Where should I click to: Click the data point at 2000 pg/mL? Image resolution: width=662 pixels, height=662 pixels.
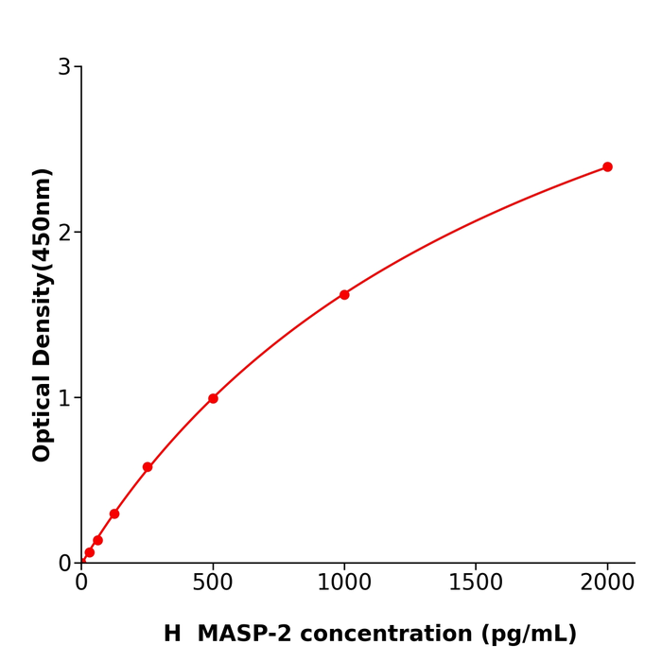coord(607,167)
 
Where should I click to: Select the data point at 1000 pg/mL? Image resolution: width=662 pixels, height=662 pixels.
coord(344,295)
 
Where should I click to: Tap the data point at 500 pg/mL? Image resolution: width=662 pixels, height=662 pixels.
coord(213,398)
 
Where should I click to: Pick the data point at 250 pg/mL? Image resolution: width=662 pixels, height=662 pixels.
coord(148,467)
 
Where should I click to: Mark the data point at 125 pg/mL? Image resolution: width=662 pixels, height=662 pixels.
coord(114,514)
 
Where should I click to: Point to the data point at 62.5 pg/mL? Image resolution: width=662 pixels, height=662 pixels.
coord(97,540)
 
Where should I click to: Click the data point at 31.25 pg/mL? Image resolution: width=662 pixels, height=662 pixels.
coord(90,552)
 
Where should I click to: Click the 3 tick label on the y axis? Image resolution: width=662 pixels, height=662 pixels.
coord(64,67)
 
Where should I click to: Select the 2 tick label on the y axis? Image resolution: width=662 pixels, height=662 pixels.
coord(64,233)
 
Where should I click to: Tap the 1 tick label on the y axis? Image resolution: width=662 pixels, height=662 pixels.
coord(64,398)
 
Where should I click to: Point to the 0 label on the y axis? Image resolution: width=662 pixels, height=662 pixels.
coord(64,564)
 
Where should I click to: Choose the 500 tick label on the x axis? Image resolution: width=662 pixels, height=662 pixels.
coord(213,584)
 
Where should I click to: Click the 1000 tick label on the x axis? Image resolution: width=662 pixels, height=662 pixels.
coord(344,584)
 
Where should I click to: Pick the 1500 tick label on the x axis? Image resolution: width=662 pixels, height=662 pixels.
coord(476,584)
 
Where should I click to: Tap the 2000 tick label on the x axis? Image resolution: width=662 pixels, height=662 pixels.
coord(607,584)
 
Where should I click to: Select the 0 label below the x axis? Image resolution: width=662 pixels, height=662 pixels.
coord(81,584)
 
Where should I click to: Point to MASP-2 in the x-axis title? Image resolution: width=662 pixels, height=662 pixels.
coord(254,635)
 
